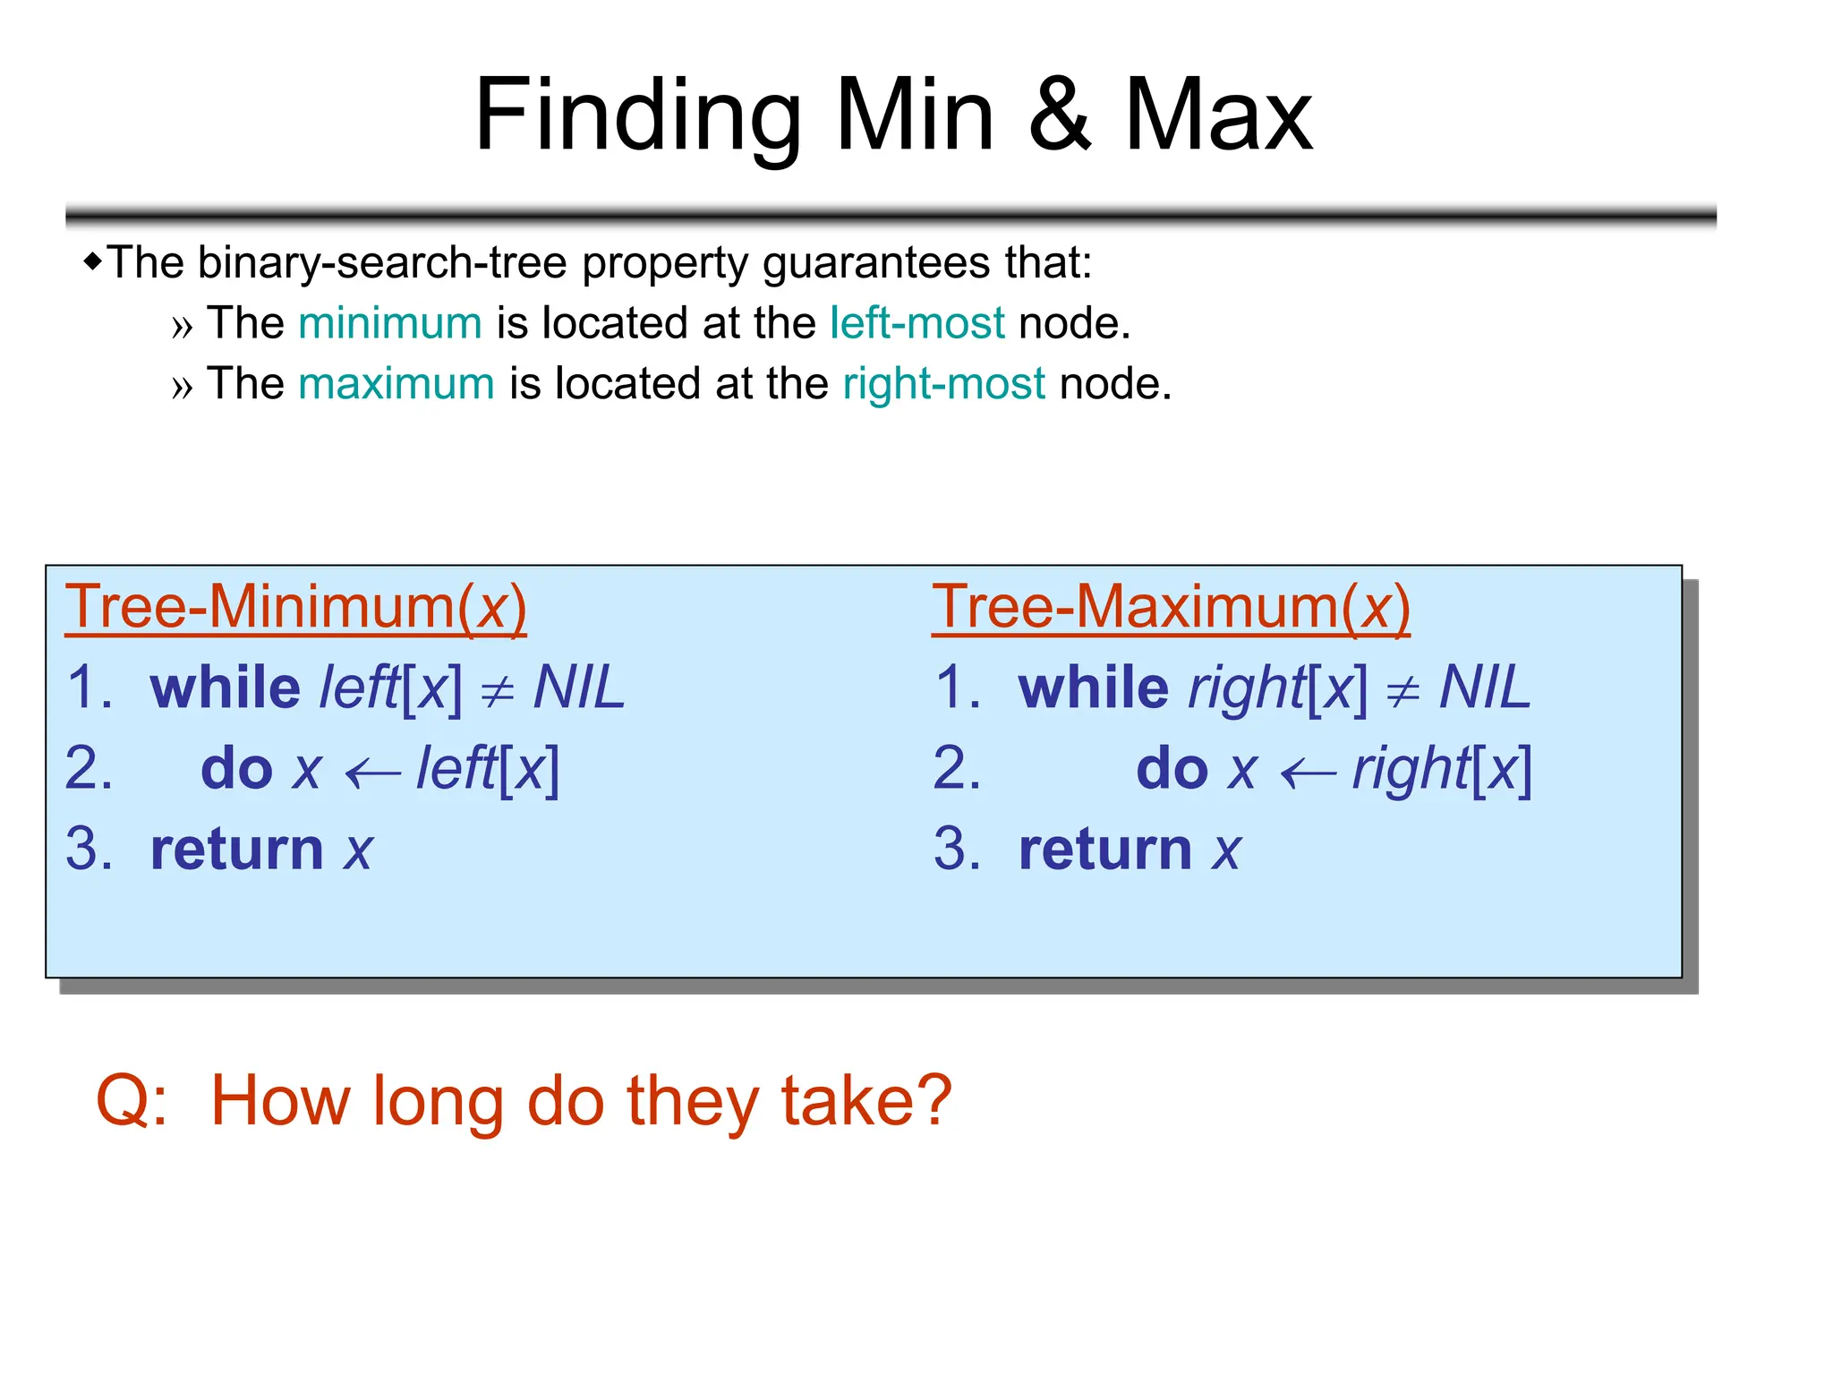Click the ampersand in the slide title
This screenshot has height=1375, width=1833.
[1060, 115]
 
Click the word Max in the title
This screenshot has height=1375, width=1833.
[1218, 115]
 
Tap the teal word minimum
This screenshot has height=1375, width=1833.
[390, 322]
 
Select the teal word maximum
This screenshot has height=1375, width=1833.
[396, 383]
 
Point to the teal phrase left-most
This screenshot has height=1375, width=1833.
[917, 322]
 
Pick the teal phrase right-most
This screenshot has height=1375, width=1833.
[944, 383]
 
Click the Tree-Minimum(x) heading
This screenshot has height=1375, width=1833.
[296, 607]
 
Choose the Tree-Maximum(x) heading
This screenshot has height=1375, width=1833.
[1171, 607]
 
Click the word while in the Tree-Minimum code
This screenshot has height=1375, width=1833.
[226, 687]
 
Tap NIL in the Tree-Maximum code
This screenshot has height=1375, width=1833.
[1485, 687]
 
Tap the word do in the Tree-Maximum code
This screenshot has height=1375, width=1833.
[1172, 769]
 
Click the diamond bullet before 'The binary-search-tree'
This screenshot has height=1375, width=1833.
[92, 261]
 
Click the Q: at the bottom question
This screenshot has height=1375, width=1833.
[132, 1100]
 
